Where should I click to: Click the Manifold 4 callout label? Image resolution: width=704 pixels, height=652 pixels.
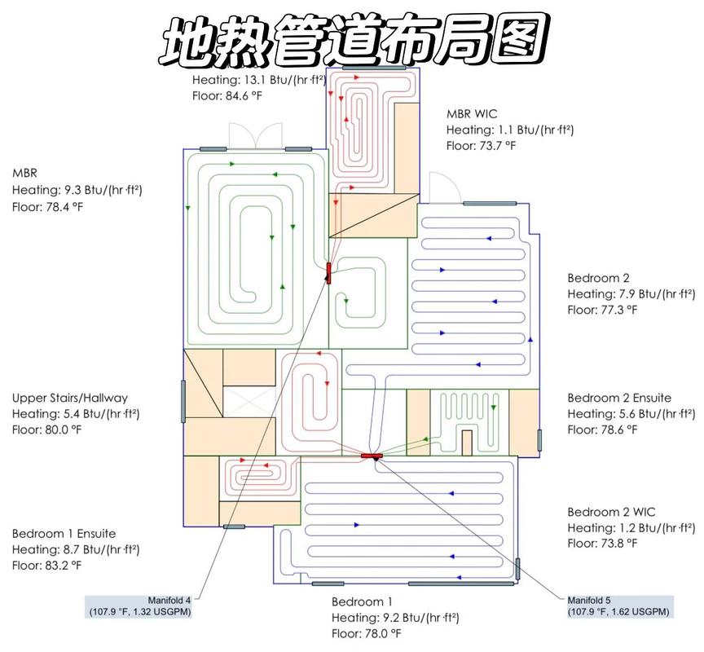click(x=139, y=606)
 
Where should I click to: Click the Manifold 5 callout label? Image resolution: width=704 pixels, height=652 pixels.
click(x=619, y=606)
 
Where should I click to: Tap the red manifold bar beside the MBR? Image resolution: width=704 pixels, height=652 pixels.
click(x=328, y=273)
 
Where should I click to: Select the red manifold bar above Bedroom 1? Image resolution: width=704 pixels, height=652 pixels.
click(x=372, y=456)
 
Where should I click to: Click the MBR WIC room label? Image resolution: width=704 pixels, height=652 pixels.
click(x=472, y=113)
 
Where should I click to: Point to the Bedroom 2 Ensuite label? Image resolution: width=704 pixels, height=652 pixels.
click(x=619, y=398)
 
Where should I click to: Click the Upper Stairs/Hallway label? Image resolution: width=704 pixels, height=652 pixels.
click(x=70, y=398)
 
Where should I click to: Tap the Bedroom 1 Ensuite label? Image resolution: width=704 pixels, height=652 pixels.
click(x=64, y=534)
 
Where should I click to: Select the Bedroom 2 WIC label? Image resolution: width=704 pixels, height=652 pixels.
click(x=611, y=512)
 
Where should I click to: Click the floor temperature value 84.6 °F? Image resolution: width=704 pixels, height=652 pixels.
click(x=244, y=95)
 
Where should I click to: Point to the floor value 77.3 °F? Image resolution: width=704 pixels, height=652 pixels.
click(x=618, y=310)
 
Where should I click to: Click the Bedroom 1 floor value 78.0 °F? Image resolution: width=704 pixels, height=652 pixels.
click(x=383, y=633)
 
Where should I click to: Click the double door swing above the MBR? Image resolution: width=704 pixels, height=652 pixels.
click(x=256, y=134)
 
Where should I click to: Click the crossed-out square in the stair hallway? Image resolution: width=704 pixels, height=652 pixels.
click(x=249, y=402)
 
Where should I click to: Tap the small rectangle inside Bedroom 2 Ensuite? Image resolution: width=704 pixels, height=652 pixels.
click(x=467, y=443)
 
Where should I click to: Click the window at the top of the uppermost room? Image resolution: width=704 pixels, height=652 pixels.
click(x=374, y=68)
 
